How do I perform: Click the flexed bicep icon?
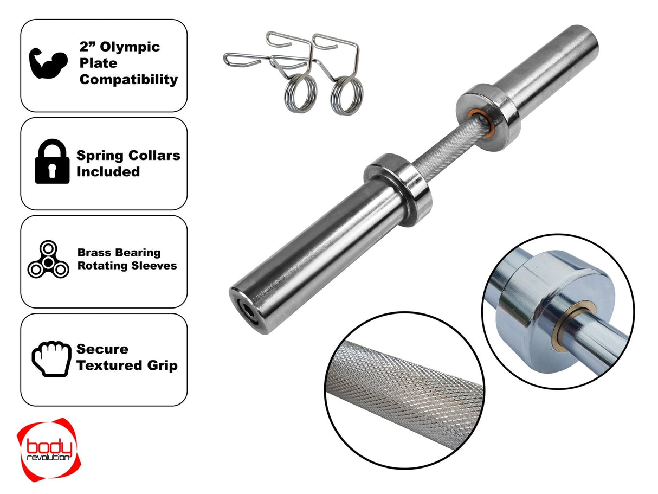(x=49, y=63)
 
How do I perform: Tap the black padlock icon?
(x=52, y=162)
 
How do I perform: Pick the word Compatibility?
(x=128, y=80)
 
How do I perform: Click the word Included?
(x=108, y=172)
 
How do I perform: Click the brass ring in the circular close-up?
(x=569, y=325)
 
